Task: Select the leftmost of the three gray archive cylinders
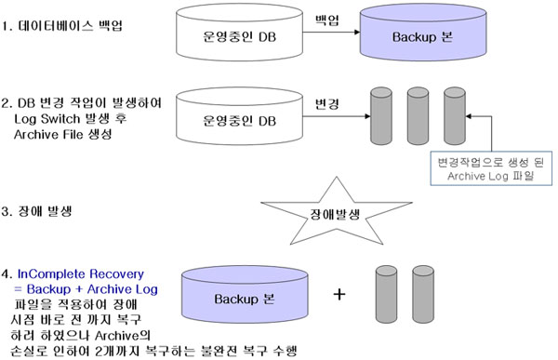coord(380,120)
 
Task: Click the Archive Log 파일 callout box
coord(485,170)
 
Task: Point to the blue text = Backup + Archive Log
coord(87,290)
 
